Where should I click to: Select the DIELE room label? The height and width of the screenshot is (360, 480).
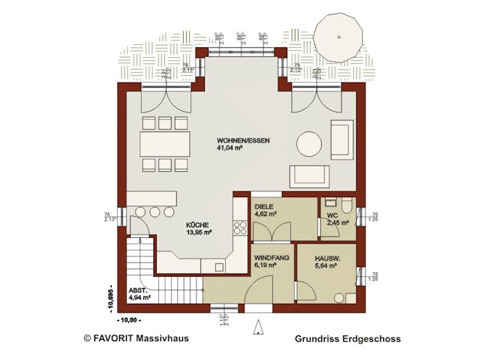tap(265, 205)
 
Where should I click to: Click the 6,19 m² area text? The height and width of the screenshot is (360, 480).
tap(265, 265)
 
